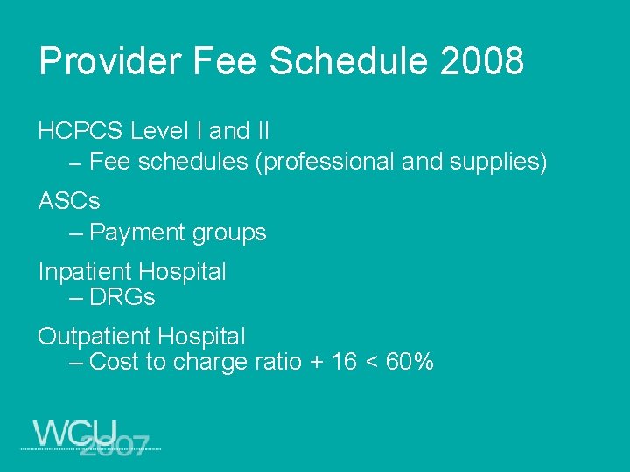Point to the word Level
coord(154,132)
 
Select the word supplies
coord(499,163)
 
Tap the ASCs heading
coord(69,201)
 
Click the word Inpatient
coord(83,272)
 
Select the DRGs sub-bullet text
coord(122,297)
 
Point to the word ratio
coord(279,362)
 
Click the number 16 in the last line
coord(344,362)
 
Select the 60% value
coord(409,362)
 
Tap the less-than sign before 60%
coord(371,363)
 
